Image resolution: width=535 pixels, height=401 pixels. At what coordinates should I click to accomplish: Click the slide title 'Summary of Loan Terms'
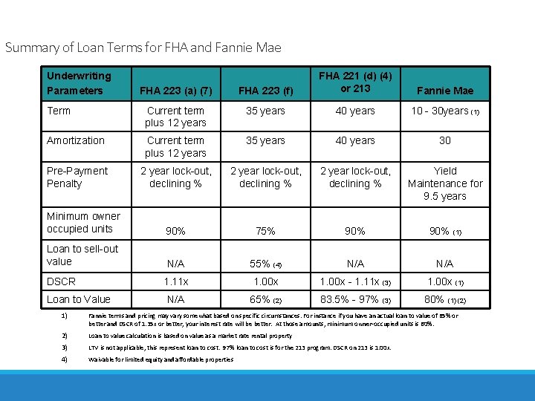tap(143, 48)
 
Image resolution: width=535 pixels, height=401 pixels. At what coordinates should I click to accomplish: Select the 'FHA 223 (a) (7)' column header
tap(175, 91)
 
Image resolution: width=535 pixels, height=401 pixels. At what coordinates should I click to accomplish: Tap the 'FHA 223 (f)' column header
tap(265, 91)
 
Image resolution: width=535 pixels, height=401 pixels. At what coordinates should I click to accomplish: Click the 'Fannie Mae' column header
tap(445, 91)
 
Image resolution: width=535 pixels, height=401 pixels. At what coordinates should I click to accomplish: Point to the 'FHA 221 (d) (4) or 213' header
tap(355, 82)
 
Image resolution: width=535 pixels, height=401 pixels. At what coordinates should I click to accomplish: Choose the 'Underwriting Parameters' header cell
tap(79, 82)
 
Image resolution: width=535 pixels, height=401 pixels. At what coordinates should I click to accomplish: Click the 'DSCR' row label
tap(61, 281)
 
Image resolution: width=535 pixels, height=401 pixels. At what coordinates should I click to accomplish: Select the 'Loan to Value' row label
tap(79, 299)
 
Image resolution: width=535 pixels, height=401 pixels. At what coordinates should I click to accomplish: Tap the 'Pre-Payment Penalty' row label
tap(77, 177)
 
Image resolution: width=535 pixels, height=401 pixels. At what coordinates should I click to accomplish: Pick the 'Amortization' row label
tap(76, 140)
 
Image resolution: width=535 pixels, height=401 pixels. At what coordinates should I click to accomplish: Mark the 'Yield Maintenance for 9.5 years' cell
tap(445, 183)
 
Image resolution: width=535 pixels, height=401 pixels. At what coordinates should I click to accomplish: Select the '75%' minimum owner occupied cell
tap(265, 231)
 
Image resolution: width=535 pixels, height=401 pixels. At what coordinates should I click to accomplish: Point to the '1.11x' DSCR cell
tap(175, 282)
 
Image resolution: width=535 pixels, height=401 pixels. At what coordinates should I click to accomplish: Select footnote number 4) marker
tap(65, 359)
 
